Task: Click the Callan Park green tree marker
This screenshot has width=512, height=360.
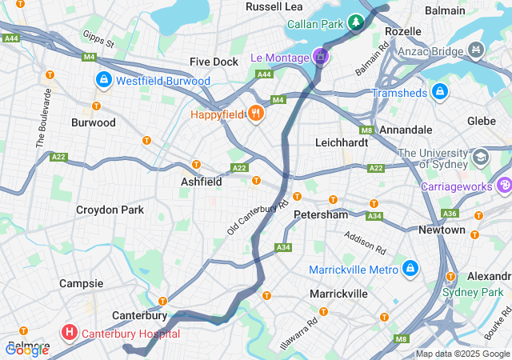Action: (x=355, y=23)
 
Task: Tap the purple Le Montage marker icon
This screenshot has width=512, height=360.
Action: (x=320, y=57)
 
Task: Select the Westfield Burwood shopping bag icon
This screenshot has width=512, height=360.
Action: (x=103, y=80)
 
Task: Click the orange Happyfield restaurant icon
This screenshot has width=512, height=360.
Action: (x=256, y=114)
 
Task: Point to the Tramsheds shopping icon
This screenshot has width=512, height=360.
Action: (x=439, y=93)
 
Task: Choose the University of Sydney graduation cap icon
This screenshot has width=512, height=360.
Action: (x=480, y=155)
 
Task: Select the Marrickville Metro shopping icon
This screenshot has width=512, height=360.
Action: (x=410, y=268)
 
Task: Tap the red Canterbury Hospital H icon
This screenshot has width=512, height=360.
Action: (x=70, y=332)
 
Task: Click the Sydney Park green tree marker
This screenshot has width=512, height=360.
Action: (x=502, y=291)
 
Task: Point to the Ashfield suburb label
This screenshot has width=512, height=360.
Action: (x=201, y=182)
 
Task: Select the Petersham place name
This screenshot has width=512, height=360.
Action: (x=321, y=214)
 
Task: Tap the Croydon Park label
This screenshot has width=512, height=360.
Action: (x=110, y=210)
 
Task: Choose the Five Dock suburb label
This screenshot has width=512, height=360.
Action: (x=214, y=62)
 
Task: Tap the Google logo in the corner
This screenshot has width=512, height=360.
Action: (x=27, y=349)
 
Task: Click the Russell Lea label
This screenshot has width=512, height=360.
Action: (x=274, y=6)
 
